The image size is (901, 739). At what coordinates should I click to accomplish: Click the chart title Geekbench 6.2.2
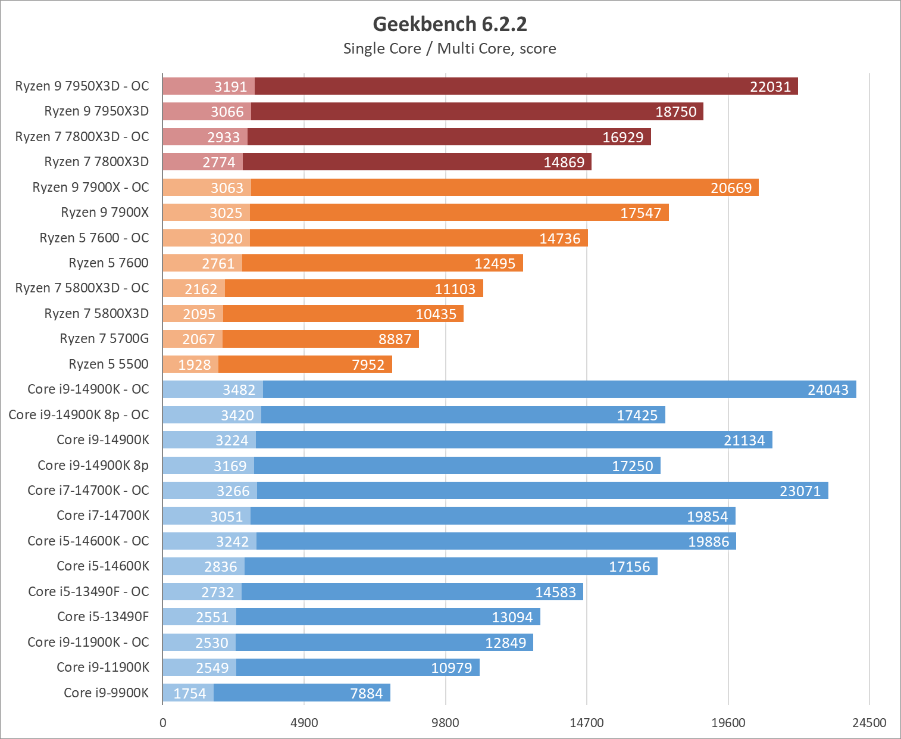(x=450, y=24)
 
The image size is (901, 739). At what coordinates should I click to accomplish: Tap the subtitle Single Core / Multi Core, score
(x=450, y=49)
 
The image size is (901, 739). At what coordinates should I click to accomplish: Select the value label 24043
(x=828, y=390)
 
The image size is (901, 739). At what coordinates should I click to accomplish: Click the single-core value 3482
(x=239, y=390)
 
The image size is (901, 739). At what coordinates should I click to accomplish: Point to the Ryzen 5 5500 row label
(x=108, y=364)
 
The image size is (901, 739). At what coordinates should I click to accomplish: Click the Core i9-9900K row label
(x=106, y=693)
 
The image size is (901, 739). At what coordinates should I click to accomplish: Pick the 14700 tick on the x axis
(x=587, y=723)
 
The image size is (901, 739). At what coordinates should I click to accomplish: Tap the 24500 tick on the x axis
(x=869, y=723)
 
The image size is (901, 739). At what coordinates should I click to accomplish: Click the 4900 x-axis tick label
(x=304, y=723)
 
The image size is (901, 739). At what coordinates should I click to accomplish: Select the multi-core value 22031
(x=770, y=87)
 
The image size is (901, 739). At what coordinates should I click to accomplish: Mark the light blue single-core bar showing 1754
(x=188, y=693)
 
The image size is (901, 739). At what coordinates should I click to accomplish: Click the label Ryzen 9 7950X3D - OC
(x=82, y=86)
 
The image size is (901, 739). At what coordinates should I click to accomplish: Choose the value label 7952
(x=368, y=364)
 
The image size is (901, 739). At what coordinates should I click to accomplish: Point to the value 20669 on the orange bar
(x=731, y=188)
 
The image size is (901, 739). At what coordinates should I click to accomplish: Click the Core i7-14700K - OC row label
(x=88, y=490)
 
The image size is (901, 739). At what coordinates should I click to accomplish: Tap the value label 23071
(x=800, y=491)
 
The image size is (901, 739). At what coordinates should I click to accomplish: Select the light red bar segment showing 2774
(x=202, y=162)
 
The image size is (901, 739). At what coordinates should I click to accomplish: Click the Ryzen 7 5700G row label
(x=104, y=338)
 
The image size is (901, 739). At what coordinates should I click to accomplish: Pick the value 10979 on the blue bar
(x=451, y=668)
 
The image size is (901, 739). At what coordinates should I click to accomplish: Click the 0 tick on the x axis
(x=163, y=723)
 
